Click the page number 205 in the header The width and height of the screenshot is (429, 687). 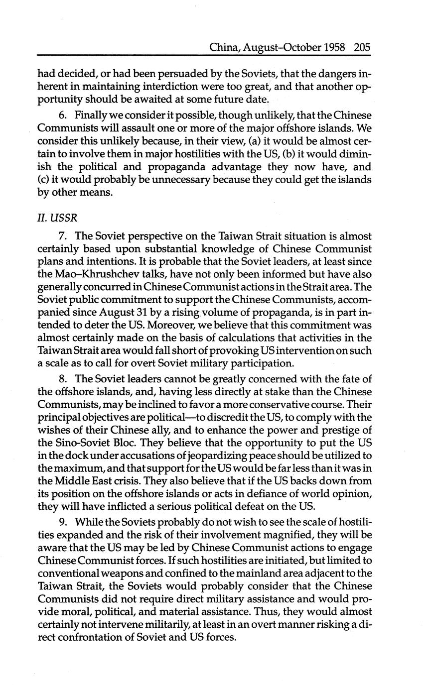pyautogui.click(x=363, y=48)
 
